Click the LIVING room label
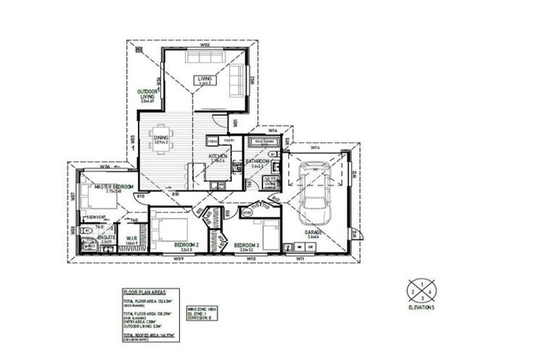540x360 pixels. coord(205,79)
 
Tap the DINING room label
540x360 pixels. coord(161,138)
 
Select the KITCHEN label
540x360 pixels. coord(217,157)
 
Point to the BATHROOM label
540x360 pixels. coord(257,162)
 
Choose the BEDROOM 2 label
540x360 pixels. coord(187,245)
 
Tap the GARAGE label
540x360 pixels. coord(314,232)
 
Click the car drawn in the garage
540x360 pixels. coord(314,191)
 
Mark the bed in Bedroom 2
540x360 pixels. coord(169,230)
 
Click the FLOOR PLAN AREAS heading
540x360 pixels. coord(144,291)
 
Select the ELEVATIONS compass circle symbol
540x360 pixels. coord(421,290)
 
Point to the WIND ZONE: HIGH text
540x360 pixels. coord(202,308)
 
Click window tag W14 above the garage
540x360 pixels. coord(315,148)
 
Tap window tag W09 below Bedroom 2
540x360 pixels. coord(179,259)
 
